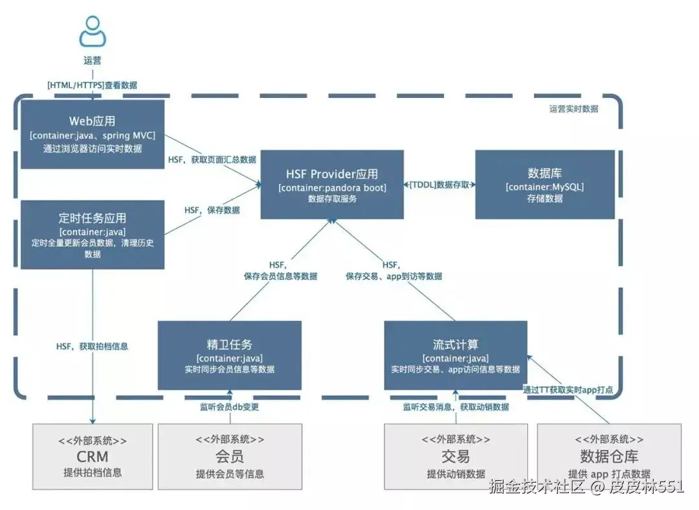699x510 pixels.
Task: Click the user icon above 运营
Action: pos(93,31)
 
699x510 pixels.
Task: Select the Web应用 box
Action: pos(93,135)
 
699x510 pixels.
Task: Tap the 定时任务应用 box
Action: pos(93,235)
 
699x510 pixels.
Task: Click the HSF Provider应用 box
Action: pos(332,185)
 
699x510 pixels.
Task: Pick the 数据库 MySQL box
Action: pos(544,185)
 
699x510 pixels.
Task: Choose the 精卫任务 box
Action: pos(229,355)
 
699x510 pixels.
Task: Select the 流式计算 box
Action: pos(455,355)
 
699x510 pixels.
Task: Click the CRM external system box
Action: pos(93,456)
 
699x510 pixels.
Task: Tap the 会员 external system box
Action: pos(230,456)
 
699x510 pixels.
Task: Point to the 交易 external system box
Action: pos(455,456)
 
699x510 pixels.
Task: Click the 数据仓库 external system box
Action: pos(609,456)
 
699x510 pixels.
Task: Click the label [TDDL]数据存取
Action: pos(439,185)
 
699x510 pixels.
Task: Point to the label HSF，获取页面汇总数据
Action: pos(212,159)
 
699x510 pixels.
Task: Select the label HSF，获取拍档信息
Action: pos(92,346)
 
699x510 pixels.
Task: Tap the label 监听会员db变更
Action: pos(230,407)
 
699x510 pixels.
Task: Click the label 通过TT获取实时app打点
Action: pos(568,389)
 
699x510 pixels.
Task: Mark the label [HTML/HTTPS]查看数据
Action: pos(92,85)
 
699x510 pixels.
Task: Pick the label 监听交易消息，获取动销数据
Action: pos(456,407)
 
